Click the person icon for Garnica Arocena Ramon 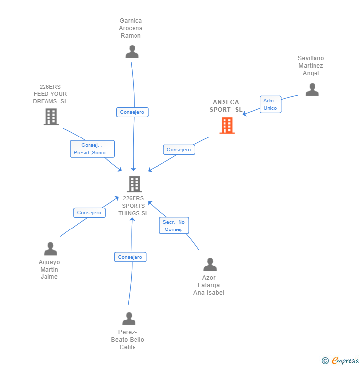tap(132, 52)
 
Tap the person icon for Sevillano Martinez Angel tap(312, 90)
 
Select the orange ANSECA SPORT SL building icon tap(227, 126)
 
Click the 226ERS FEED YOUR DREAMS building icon tap(51, 117)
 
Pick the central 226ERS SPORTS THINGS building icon tap(135, 184)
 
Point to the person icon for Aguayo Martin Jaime tap(50, 249)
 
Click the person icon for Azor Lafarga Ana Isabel tap(210, 265)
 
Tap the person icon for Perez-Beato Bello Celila tap(129, 319)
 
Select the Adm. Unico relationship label tap(270, 104)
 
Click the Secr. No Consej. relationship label tap(174, 226)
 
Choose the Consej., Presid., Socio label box tap(92, 149)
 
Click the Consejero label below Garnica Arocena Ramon tap(132, 112)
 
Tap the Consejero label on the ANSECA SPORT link tap(179, 150)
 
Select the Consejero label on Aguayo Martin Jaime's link tap(90, 213)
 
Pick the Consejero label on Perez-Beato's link tap(130, 257)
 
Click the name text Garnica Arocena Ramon tap(131, 28)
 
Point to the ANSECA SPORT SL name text tap(226, 106)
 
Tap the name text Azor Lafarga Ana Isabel tap(209, 285)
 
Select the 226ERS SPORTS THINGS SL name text tap(133, 206)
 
